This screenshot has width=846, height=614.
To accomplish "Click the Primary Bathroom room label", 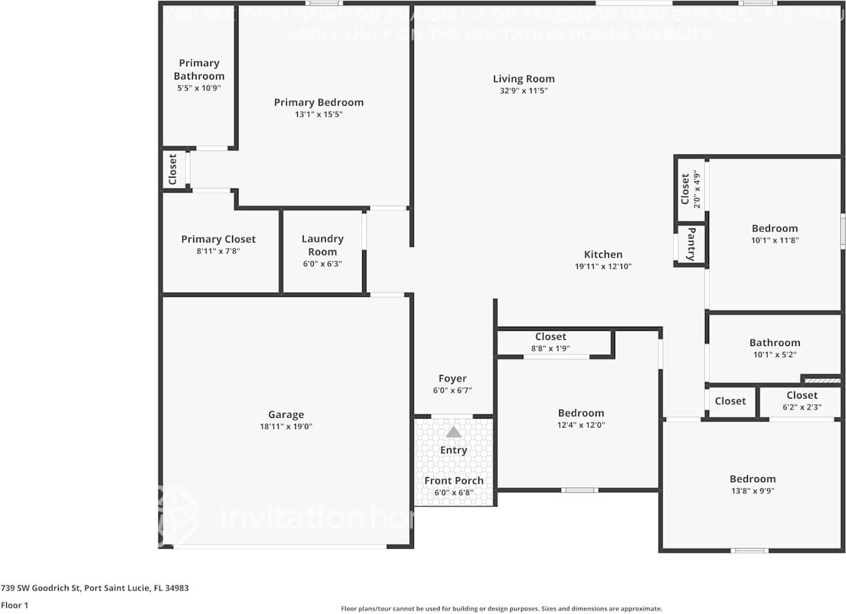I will tap(199, 69).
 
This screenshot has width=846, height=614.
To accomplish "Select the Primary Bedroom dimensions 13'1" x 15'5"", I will tap(318, 115).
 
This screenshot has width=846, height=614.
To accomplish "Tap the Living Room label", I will tap(523, 79).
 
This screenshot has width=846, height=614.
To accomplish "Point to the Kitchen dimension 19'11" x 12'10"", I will tap(603, 267).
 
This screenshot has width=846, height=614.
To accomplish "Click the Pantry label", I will tap(690, 244).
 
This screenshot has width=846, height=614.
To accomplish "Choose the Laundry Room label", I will tap(322, 245).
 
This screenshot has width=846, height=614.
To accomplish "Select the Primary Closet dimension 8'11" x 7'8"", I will tap(218, 251).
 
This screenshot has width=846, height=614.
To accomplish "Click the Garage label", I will tap(285, 414).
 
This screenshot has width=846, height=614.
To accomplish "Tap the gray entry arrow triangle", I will tap(453, 432).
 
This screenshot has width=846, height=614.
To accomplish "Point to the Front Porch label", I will tap(453, 481).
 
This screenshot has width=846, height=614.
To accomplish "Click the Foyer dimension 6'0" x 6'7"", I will tap(452, 391).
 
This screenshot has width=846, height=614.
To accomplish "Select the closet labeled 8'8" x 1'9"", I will tap(550, 349).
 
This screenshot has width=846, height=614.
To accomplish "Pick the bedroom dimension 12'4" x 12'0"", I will tap(581, 425).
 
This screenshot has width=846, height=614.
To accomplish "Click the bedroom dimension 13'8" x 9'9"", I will tap(752, 491).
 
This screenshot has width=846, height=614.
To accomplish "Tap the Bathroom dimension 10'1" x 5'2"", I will tap(774, 355).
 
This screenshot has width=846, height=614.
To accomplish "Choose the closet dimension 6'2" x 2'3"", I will tap(802, 407).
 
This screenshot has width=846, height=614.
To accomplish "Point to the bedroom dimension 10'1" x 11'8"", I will tap(774, 240).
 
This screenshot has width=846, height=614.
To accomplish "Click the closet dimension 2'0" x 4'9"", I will tap(697, 189).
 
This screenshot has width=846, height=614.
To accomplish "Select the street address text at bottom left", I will tap(95, 588).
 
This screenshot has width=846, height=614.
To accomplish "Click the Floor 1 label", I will tap(15, 605).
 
